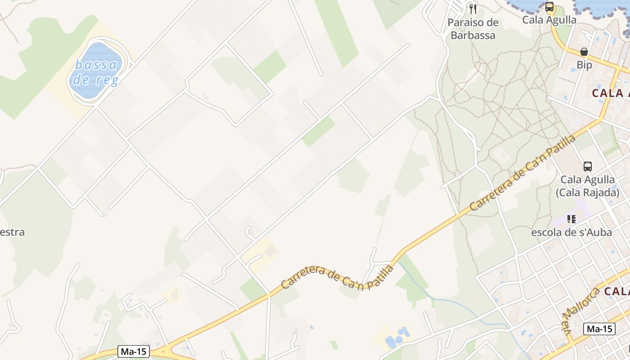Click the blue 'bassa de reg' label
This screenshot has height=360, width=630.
pos(96,72)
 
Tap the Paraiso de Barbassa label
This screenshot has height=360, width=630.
pos(473,29)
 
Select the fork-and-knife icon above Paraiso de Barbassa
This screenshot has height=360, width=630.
pos(472,9)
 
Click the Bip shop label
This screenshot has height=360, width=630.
pos(584,65)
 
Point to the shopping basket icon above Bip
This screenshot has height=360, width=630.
pos(584,52)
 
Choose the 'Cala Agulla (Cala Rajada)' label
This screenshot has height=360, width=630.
pos(587,186)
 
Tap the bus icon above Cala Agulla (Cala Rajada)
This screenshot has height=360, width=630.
pos(587,166)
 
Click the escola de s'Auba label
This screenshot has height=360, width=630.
pos(571,232)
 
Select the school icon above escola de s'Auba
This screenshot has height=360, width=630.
pos(571,219)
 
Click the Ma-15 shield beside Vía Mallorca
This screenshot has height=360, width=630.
pos(599,329)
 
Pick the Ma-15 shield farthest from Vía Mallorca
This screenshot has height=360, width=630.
pos(134,351)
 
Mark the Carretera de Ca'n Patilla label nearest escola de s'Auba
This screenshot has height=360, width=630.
pos(522,172)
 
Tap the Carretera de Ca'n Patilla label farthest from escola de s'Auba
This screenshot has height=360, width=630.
pos(337,277)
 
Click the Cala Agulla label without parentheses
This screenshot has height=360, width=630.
pos(549,20)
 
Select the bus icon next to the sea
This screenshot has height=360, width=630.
pos(549,7)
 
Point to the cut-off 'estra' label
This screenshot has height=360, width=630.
pos(12,232)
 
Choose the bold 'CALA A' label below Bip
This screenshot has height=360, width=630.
pos(610,93)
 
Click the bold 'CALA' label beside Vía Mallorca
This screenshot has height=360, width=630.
pos(616,291)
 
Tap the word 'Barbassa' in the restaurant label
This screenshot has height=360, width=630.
pos(473,35)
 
